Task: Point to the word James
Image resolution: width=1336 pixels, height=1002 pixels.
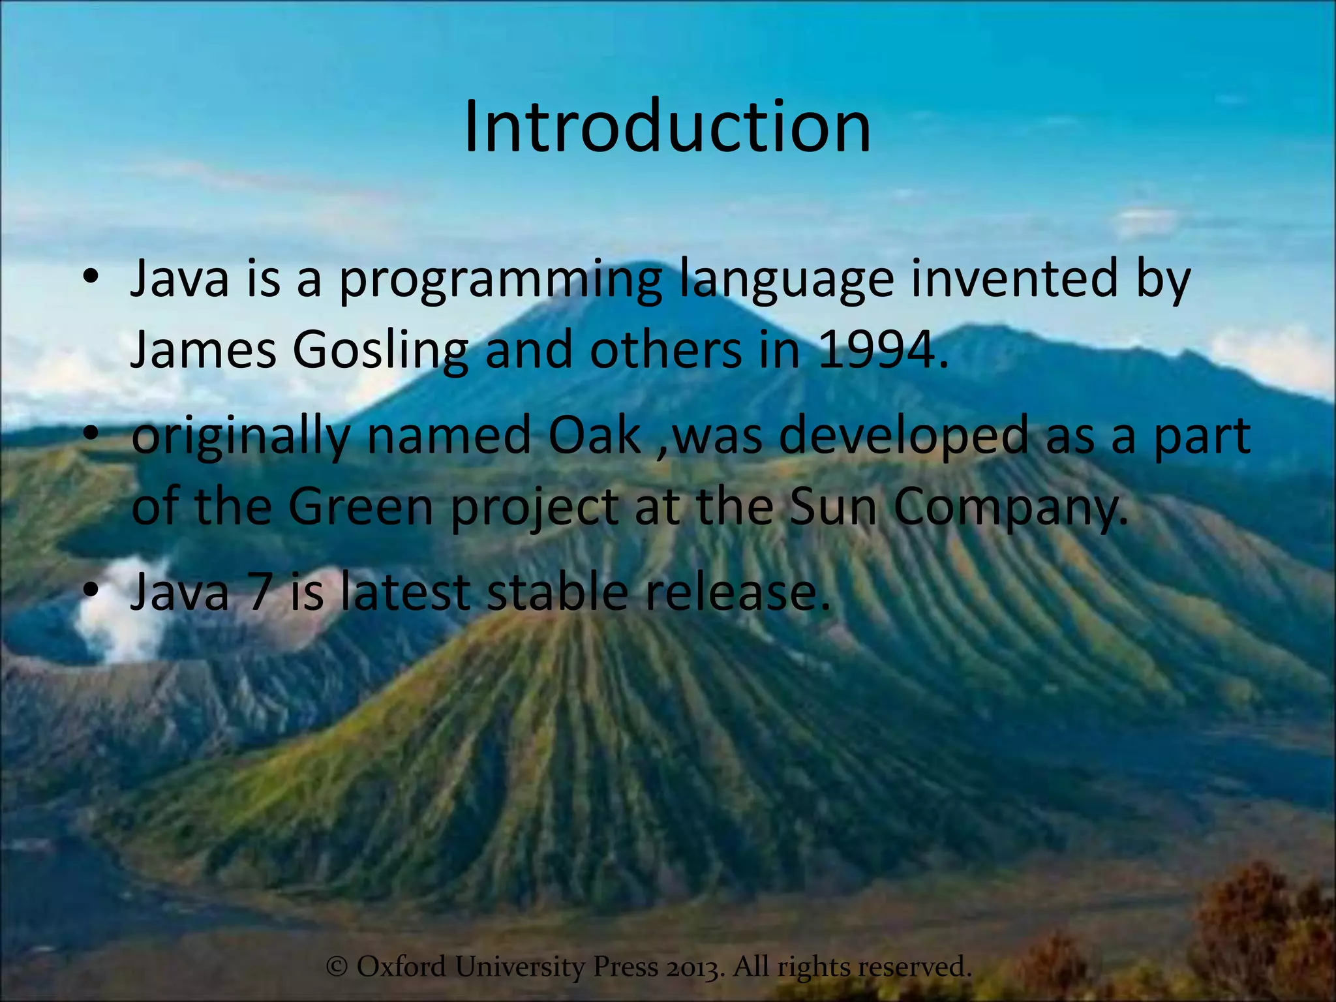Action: click(203, 350)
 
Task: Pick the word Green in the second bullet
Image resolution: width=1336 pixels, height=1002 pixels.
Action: click(361, 507)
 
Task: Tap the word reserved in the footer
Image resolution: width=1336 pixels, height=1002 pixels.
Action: click(914, 966)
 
